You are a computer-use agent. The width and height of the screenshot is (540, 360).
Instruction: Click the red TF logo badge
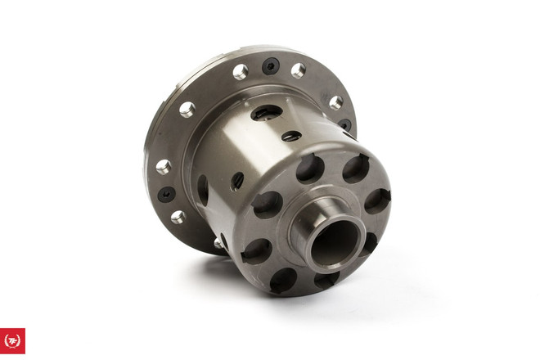(x=13, y=340)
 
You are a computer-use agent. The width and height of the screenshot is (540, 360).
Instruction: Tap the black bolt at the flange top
(x=270, y=66)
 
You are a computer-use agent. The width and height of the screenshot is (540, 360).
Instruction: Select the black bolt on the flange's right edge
(x=345, y=126)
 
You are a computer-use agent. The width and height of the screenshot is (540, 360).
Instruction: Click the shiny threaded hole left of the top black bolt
(x=240, y=72)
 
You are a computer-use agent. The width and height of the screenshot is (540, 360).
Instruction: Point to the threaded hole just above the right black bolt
(x=335, y=102)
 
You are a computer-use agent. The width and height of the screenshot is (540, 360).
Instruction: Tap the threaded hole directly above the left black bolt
(x=164, y=166)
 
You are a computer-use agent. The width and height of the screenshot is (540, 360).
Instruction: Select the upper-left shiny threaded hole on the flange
(x=187, y=109)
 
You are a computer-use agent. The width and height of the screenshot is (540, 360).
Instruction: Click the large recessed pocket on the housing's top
(x=265, y=114)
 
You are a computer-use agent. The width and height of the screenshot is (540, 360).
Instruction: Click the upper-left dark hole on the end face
(x=310, y=169)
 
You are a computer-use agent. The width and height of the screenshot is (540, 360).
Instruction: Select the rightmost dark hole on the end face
(x=378, y=201)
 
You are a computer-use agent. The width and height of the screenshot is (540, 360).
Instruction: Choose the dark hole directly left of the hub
(x=268, y=205)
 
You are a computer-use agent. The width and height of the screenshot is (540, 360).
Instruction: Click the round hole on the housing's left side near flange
(x=203, y=189)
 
